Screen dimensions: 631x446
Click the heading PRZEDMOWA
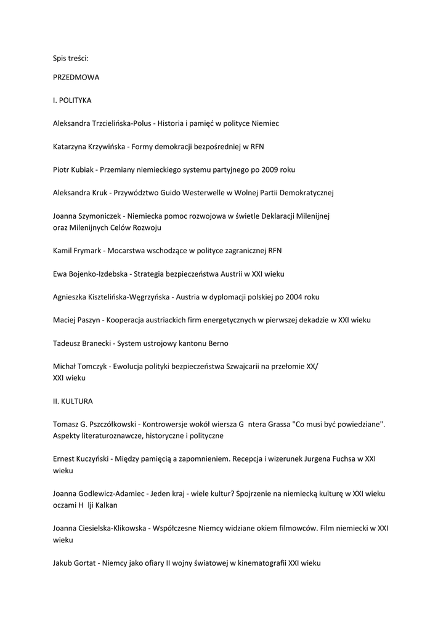[x=76, y=78]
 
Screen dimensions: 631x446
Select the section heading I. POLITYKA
[x=72, y=100]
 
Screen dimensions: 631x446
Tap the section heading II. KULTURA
[x=73, y=401]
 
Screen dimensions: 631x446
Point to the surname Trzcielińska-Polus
[x=120, y=123]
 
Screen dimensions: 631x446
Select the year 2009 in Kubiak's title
[x=270, y=169]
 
